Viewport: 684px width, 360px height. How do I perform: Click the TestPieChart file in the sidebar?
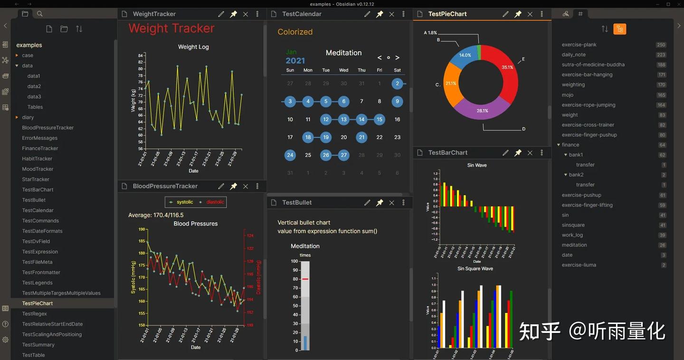pyautogui.click(x=38, y=303)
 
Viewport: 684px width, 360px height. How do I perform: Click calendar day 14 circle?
pyautogui.click(x=361, y=119)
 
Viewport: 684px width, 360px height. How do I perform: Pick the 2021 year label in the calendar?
pyautogui.click(x=295, y=61)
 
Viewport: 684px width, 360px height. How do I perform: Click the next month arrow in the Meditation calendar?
pyautogui.click(x=398, y=57)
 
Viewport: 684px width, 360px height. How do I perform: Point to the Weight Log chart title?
pyautogui.click(x=193, y=47)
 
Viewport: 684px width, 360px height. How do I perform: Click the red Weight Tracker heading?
pyautogui.click(x=171, y=28)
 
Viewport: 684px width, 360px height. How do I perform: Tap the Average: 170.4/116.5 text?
pyautogui.click(x=156, y=215)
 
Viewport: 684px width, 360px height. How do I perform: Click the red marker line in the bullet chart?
pyautogui.click(x=305, y=279)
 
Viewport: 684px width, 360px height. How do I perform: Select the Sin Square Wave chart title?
pyautogui.click(x=475, y=268)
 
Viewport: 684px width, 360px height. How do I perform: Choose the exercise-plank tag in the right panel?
pyautogui.click(x=579, y=45)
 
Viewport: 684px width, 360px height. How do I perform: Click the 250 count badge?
pyautogui.click(x=661, y=45)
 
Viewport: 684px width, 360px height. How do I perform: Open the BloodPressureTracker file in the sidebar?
pyautogui.click(x=47, y=127)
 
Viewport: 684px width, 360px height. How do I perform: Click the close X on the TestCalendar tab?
pyautogui.click(x=391, y=14)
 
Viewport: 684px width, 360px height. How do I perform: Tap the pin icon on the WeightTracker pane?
pyautogui.click(x=233, y=14)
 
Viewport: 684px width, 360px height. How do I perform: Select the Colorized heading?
pyautogui.click(x=295, y=32)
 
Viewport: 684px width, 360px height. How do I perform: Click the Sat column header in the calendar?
pyautogui.click(x=397, y=70)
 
